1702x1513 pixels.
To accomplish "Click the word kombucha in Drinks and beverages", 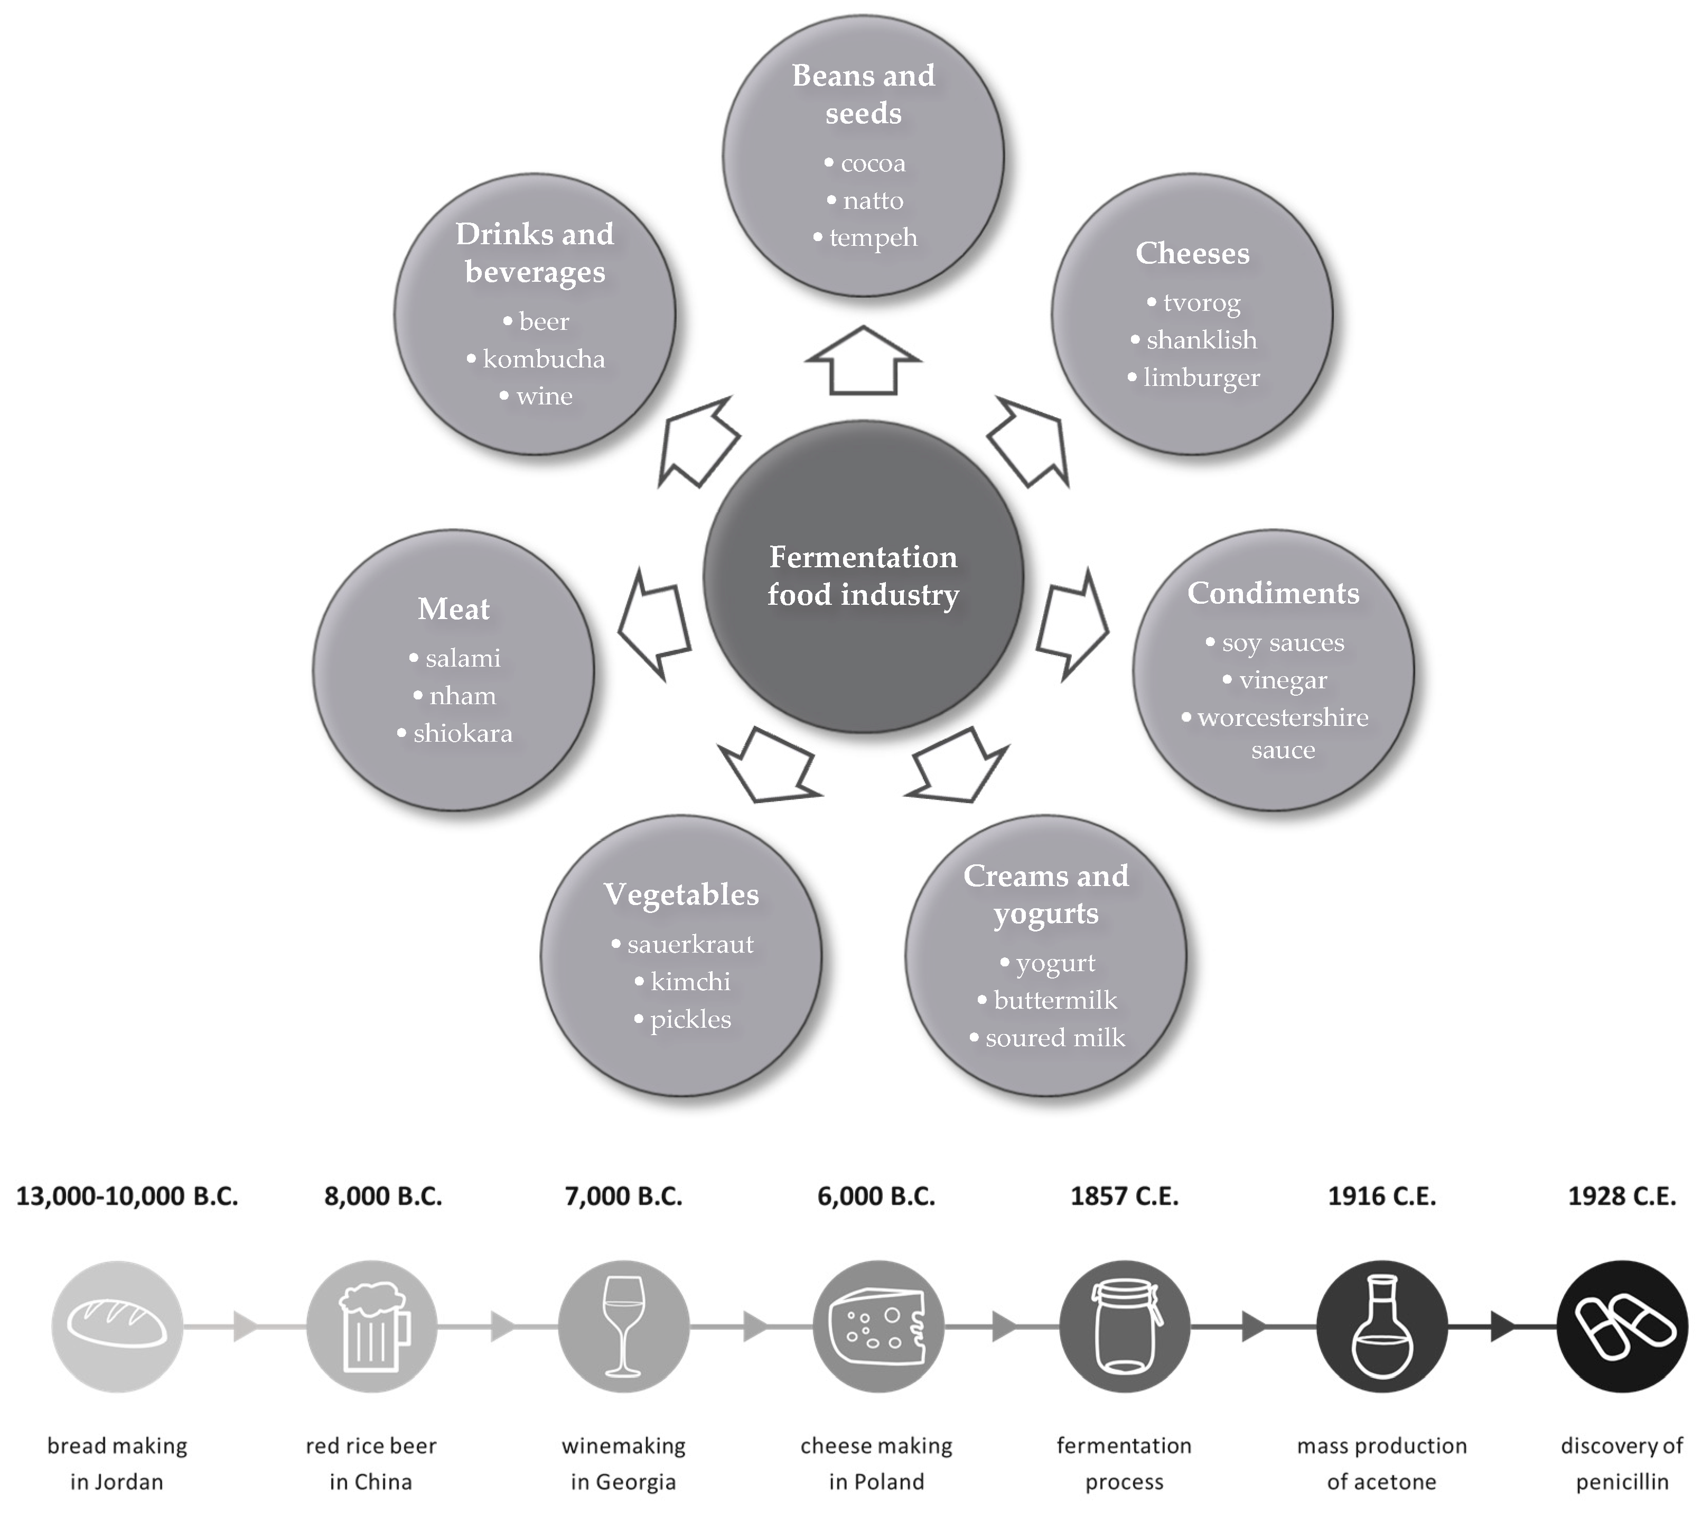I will click(544, 359).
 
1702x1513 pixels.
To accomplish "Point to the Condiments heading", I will click(1273, 593).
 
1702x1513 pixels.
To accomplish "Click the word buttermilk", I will click(1055, 1000).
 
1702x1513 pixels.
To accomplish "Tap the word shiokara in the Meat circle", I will click(462, 733).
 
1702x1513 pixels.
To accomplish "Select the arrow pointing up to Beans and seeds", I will click(864, 361).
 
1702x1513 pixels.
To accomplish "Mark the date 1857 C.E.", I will click(1124, 1196).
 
